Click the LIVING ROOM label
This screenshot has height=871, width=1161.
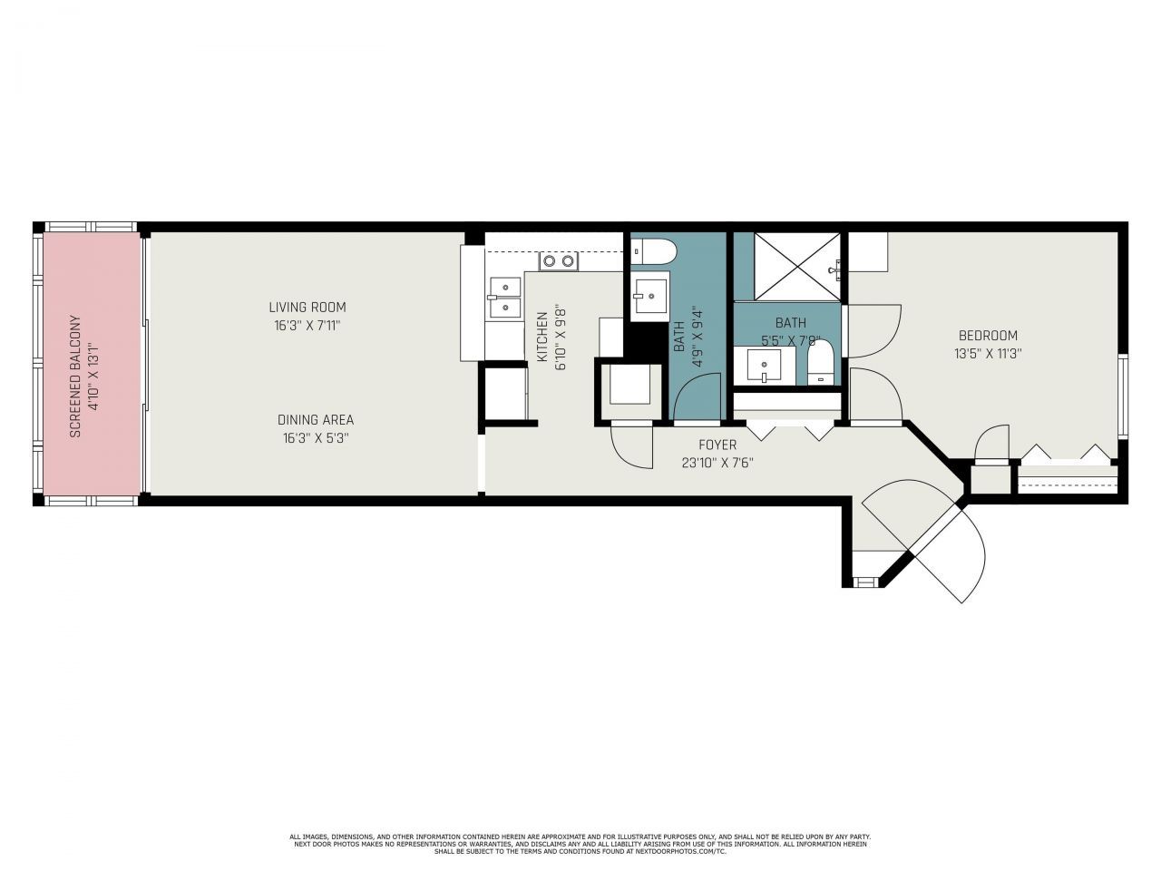(307, 307)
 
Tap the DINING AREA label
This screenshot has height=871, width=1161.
(315, 420)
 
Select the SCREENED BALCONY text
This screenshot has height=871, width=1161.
(76, 377)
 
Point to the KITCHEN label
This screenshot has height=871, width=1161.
(542, 337)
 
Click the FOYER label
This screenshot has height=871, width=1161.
(717, 445)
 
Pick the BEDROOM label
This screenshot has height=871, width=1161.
(988, 336)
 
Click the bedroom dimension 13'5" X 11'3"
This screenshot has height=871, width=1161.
(988, 355)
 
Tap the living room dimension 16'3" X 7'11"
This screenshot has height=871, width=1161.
(307, 325)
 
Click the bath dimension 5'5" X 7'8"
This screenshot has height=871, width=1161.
(790, 341)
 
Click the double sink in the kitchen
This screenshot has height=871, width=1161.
(503, 298)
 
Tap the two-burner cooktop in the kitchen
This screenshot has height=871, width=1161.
(558, 261)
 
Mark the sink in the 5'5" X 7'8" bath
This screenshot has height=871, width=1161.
(764, 367)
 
